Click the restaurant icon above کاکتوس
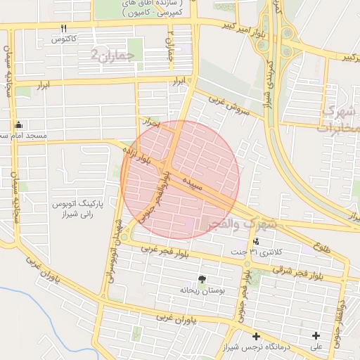coord(64,28)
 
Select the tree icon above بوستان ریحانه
coord(202,279)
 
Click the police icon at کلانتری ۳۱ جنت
coord(255,242)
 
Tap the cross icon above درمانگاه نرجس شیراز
coord(256,337)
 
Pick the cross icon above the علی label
coord(316,336)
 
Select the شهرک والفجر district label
coord(239,224)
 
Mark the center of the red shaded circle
coord(181,180)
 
